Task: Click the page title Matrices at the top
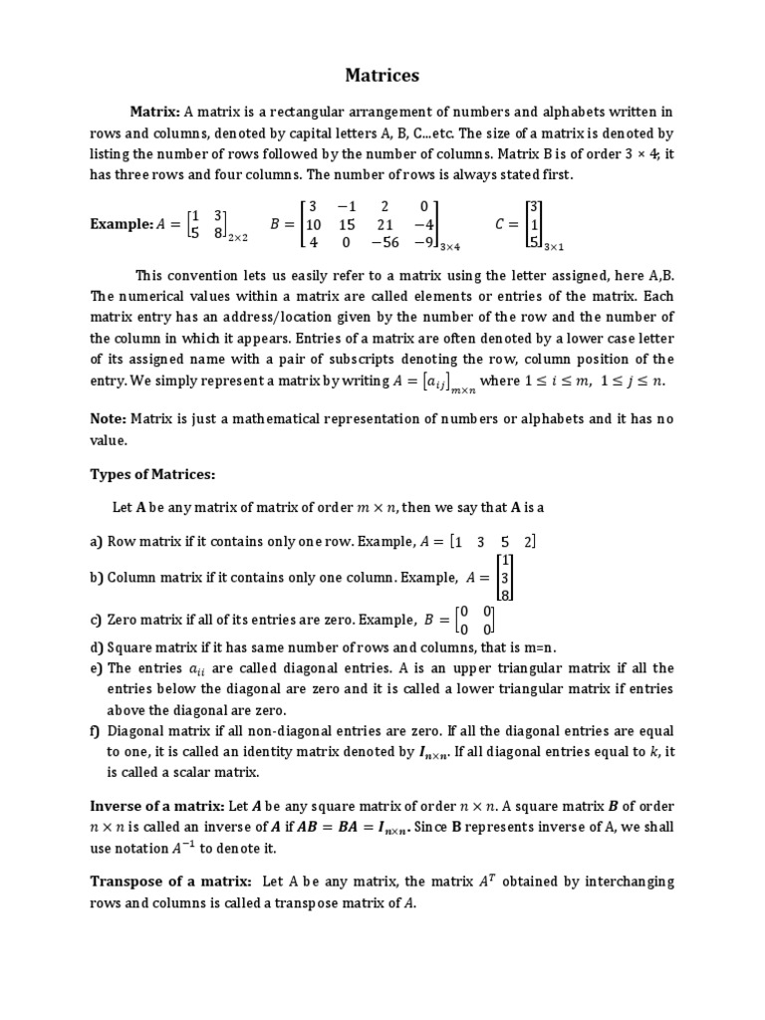tap(382, 75)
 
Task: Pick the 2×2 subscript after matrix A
tap(240, 239)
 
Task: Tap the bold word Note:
tap(109, 419)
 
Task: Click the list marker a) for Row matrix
tap(97, 541)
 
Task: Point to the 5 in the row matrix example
tap(505, 541)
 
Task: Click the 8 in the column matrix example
tap(505, 594)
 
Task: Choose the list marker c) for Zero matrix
tap(97, 619)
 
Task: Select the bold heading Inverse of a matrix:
tap(166, 806)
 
